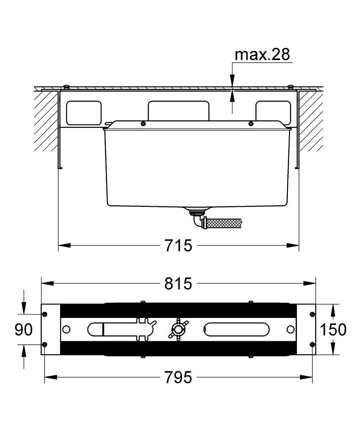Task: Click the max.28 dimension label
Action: pyautogui.click(x=262, y=54)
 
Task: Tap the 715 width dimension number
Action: pyautogui.click(x=178, y=245)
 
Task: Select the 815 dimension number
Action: pyautogui.click(x=178, y=283)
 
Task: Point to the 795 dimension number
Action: pyautogui.click(x=178, y=377)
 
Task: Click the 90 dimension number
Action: pyautogui.click(x=23, y=330)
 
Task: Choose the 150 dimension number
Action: pyautogui.click(x=333, y=330)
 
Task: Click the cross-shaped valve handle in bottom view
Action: pyautogui.click(x=178, y=329)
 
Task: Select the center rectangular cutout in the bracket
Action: pyautogui.click(x=178, y=111)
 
